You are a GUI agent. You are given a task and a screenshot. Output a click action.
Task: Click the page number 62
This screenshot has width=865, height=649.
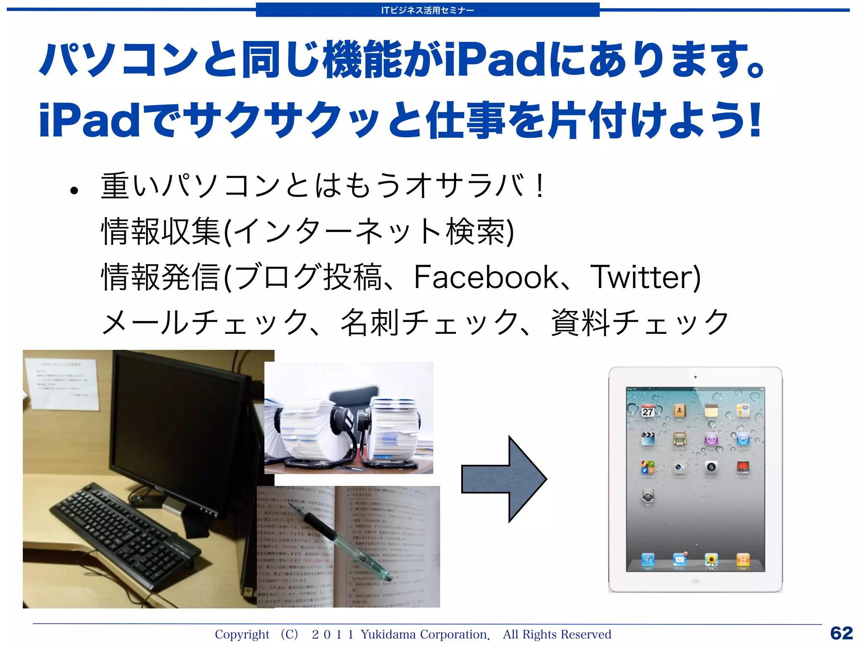[x=841, y=633]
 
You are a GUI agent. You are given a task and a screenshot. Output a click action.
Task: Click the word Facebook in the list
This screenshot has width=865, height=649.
[x=486, y=277]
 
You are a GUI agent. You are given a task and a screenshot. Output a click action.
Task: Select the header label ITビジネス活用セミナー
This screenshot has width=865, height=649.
[x=427, y=10]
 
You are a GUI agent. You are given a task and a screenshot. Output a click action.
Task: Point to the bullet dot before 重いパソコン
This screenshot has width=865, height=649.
[x=74, y=191]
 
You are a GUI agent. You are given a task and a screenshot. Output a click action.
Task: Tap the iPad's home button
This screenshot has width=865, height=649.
[x=695, y=582]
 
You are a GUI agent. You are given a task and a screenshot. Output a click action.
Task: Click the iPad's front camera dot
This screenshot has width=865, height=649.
[x=695, y=377]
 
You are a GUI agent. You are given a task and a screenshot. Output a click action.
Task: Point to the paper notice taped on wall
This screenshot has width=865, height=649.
[x=61, y=382]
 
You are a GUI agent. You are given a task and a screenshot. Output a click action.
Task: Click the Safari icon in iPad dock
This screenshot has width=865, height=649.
[x=648, y=560]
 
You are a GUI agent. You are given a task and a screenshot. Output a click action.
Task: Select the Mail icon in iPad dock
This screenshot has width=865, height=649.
[x=680, y=560]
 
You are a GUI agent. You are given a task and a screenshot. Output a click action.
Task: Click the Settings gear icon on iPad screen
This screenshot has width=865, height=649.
[x=648, y=496]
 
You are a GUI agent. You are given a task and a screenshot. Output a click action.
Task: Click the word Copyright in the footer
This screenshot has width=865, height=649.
[x=242, y=634]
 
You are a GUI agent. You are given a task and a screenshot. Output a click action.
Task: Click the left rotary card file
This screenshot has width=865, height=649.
[x=308, y=429]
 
